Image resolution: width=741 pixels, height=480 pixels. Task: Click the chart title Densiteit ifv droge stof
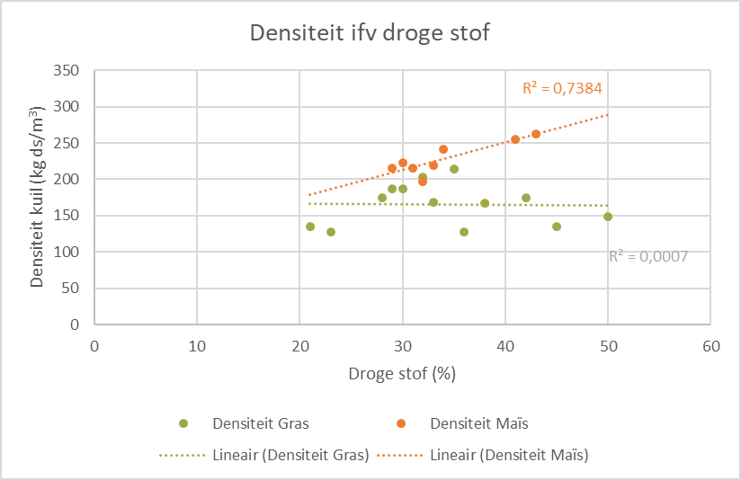tap(369, 34)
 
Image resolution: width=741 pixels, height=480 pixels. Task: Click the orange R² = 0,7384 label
tap(562, 88)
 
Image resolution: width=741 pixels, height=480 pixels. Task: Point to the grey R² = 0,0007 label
tap(647, 256)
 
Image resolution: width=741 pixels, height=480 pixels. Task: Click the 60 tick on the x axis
tap(710, 345)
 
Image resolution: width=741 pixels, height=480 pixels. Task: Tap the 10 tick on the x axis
tap(197, 345)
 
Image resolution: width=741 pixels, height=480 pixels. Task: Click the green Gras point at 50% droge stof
tap(608, 217)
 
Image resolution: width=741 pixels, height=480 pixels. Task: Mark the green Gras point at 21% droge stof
tap(310, 227)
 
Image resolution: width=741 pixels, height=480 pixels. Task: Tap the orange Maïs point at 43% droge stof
tap(536, 134)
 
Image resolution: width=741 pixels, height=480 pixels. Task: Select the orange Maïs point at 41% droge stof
tap(515, 139)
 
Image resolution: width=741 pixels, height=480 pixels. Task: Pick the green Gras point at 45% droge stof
tap(557, 227)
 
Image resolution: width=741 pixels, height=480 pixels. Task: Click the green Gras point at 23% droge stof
tap(331, 232)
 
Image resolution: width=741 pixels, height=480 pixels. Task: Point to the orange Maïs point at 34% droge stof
tap(443, 149)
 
